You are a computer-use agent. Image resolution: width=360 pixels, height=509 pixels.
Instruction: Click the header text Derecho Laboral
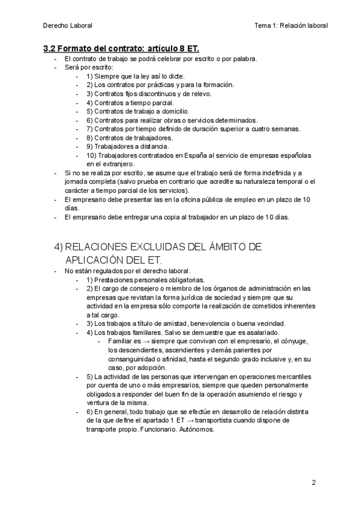68,25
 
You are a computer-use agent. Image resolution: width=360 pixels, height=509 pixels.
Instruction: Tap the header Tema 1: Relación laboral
291,25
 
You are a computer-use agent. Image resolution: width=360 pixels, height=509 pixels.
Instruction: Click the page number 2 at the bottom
314,482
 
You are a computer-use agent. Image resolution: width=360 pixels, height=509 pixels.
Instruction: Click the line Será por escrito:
89,68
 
